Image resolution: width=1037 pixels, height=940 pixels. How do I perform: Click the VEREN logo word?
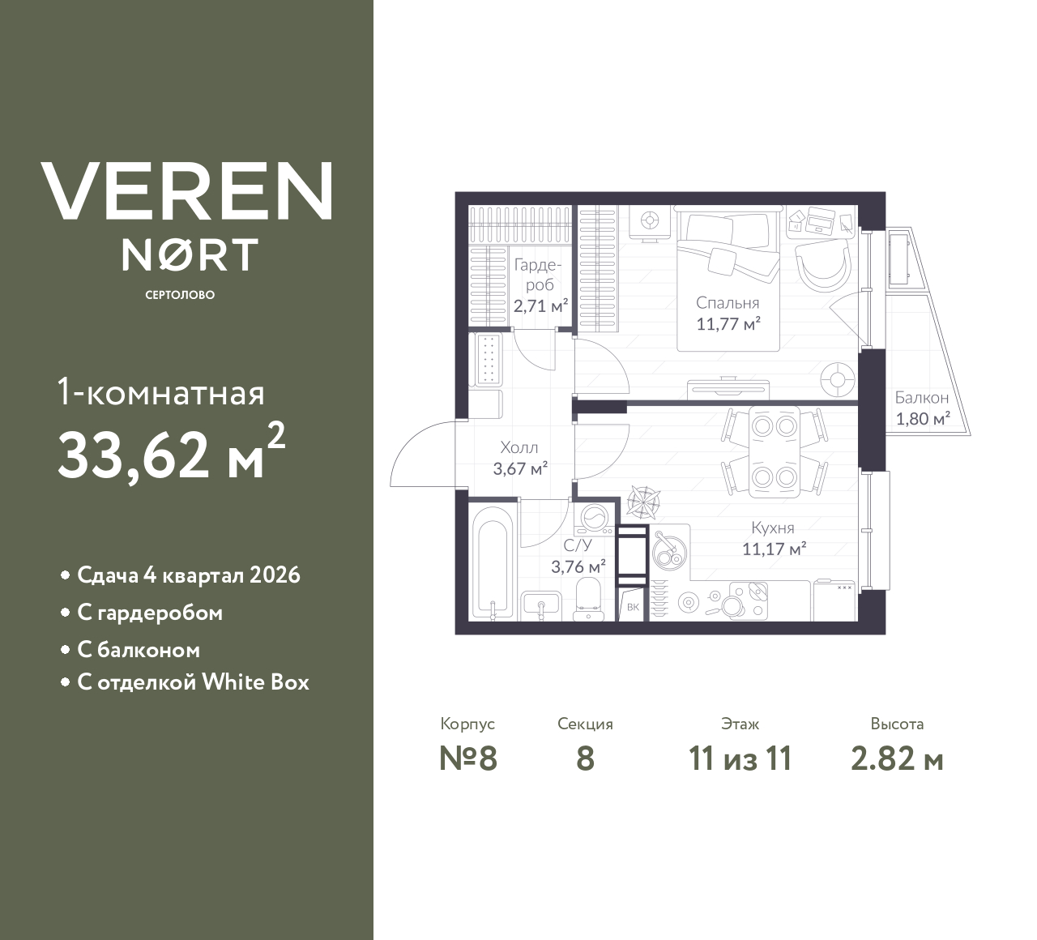[x=187, y=190]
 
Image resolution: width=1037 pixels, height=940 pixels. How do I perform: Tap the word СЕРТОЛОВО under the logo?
[x=180, y=295]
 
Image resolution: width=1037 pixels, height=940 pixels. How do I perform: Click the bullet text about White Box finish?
[x=193, y=682]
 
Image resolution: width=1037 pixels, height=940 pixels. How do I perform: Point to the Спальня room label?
[x=728, y=303]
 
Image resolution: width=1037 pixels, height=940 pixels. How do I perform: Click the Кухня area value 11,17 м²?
[x=774, y=549]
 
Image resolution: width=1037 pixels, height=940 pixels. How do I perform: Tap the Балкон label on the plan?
[x=921, y=398]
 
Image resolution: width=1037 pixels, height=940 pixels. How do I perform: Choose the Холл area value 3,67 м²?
[x=520, y=468]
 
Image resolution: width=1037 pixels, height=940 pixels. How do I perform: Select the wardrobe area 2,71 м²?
[x=540, y=306]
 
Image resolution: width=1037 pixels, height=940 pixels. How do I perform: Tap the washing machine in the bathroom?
[x=595, y=518]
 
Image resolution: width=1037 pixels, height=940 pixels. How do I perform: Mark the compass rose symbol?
[x=642, y=502]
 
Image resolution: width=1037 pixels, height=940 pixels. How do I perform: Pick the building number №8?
[x=467, y=759]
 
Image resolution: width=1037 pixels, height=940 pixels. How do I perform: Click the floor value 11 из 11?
[x=740, y=759]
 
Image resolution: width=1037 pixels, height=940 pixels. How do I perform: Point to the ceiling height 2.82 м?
[x=897, y=759]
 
